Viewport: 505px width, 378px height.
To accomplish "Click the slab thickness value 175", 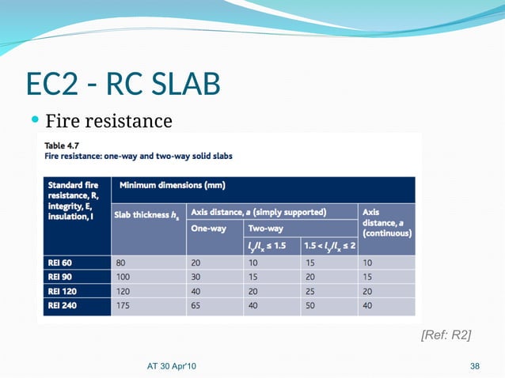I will [123, 305].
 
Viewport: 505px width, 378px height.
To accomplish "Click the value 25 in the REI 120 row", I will [311, 291].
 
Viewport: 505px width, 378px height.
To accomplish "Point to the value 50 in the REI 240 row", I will [311, 305].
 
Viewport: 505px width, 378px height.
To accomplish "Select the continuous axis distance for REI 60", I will [368, 262].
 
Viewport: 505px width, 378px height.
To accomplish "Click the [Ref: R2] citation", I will [446, 336].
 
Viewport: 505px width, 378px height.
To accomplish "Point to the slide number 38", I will [475, 365].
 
